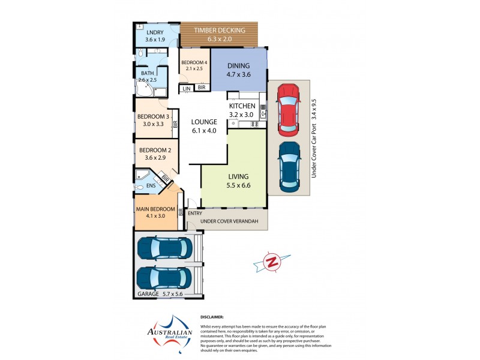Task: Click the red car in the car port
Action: pos(287,109)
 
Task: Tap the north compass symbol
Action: pos(272,262)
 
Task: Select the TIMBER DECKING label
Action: pos(219,30)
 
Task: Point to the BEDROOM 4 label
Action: pos(194,62)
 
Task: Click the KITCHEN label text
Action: pos(242,106)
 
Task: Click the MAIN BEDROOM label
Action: pos(155,209)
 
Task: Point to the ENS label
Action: pos(151,186)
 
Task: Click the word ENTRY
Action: pos(195,213)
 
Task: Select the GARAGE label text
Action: pos(148,294)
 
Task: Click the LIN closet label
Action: pos(187,88)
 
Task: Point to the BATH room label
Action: pos(148,73)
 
